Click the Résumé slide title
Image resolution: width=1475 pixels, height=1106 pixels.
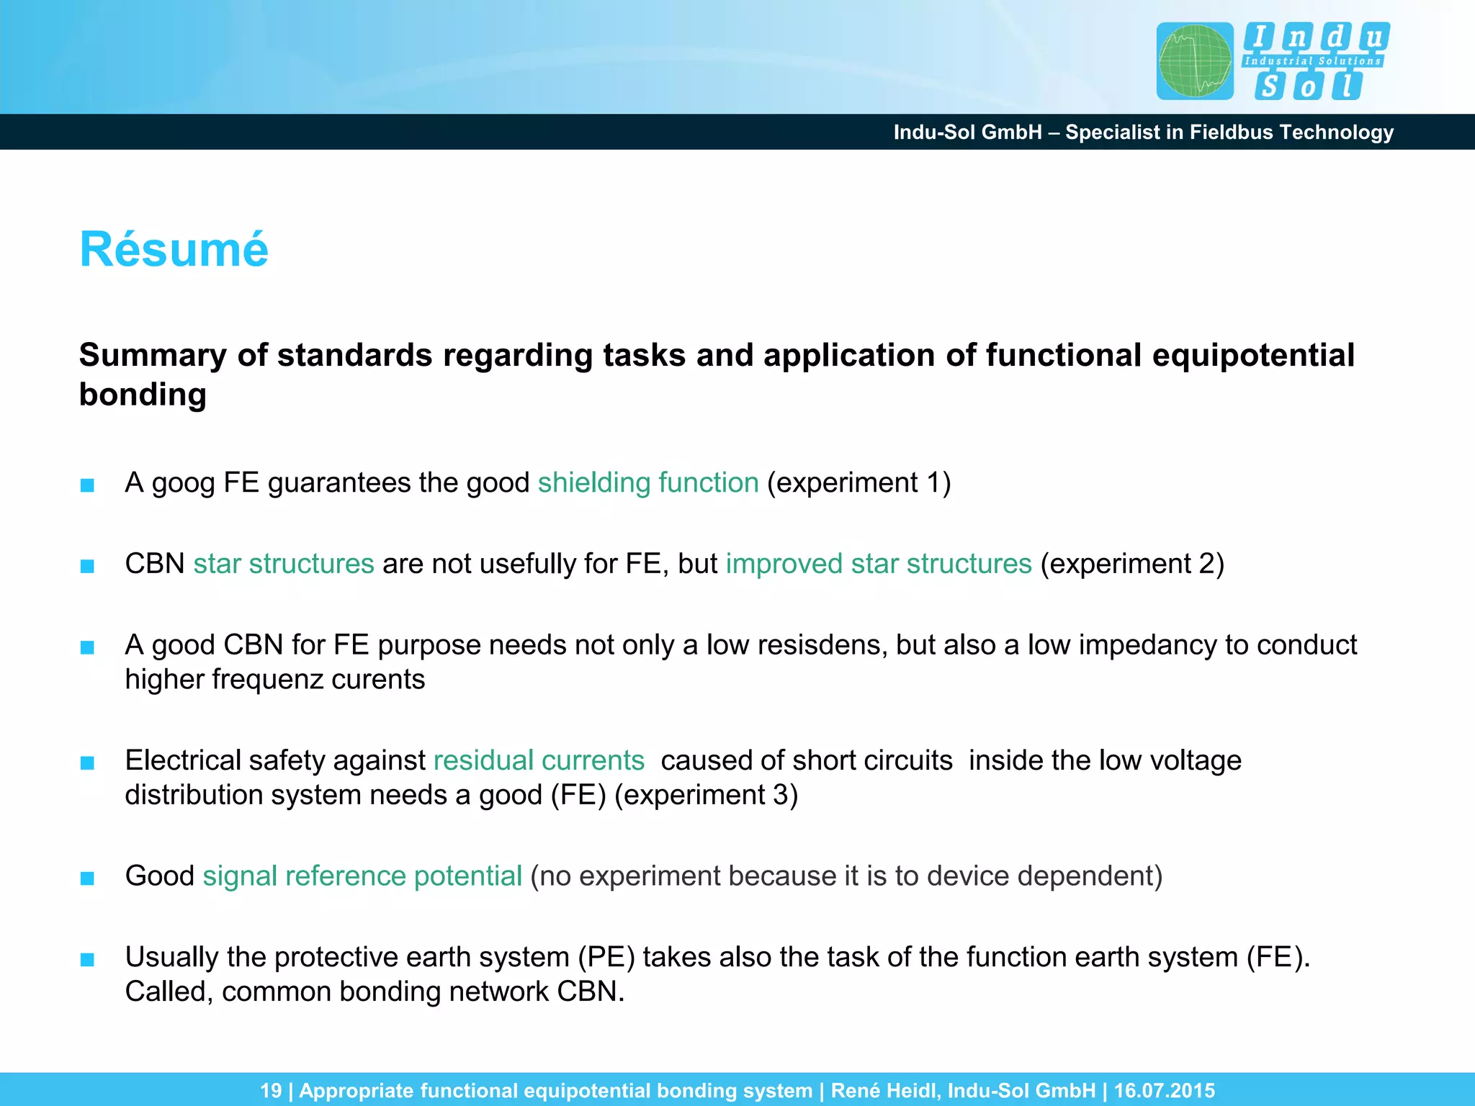point(174,250)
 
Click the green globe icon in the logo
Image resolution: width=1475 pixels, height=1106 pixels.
point(1195,61)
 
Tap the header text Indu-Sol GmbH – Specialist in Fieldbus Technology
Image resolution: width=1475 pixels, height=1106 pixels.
point(1143,132)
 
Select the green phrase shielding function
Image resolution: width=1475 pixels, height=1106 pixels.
point(648,483)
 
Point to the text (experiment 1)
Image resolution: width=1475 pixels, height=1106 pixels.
point(858,483)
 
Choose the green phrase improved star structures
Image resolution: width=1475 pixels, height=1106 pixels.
point(879,564)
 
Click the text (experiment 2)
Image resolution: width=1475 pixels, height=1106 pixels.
point(1132,564)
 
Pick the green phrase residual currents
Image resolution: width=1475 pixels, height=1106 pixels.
point(539,761)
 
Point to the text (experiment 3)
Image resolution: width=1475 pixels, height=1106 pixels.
point(706,796)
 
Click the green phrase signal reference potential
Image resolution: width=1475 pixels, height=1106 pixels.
point(362,876)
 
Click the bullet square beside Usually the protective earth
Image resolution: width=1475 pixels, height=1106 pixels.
point(87,960)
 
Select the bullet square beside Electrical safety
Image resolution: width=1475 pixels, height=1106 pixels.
point(87,763)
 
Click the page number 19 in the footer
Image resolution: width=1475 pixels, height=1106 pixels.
point(271,1091)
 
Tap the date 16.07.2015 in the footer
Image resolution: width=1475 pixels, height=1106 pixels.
point(1164,1091)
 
